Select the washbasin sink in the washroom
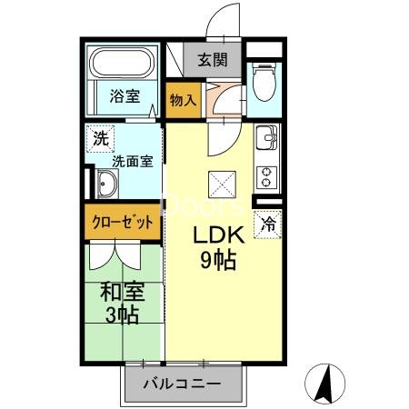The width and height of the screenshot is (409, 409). point(105,187)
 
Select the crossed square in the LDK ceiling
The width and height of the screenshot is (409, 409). point(222,185)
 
